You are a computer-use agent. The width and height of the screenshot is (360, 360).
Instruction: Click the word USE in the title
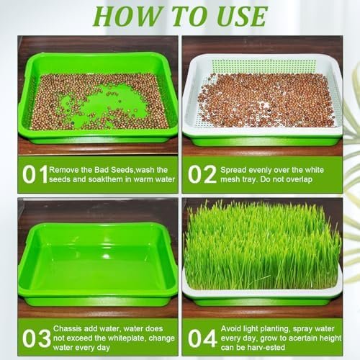coord(242,17)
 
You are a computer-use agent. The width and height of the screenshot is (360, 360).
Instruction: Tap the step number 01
coord(35,174)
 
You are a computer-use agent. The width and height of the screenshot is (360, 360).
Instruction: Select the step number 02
coord(202,174)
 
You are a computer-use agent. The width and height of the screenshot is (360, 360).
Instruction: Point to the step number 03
coord(37,338)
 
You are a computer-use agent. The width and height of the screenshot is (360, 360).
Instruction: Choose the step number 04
coord(202,338)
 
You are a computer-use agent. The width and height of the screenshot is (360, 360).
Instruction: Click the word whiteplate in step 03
coord(126,338)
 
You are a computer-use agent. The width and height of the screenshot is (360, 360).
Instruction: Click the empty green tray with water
coord(98,264)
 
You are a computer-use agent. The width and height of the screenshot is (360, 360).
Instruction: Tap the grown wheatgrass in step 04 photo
coord(262,246)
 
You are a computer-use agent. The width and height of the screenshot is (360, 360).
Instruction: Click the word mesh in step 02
coord(230,179)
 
